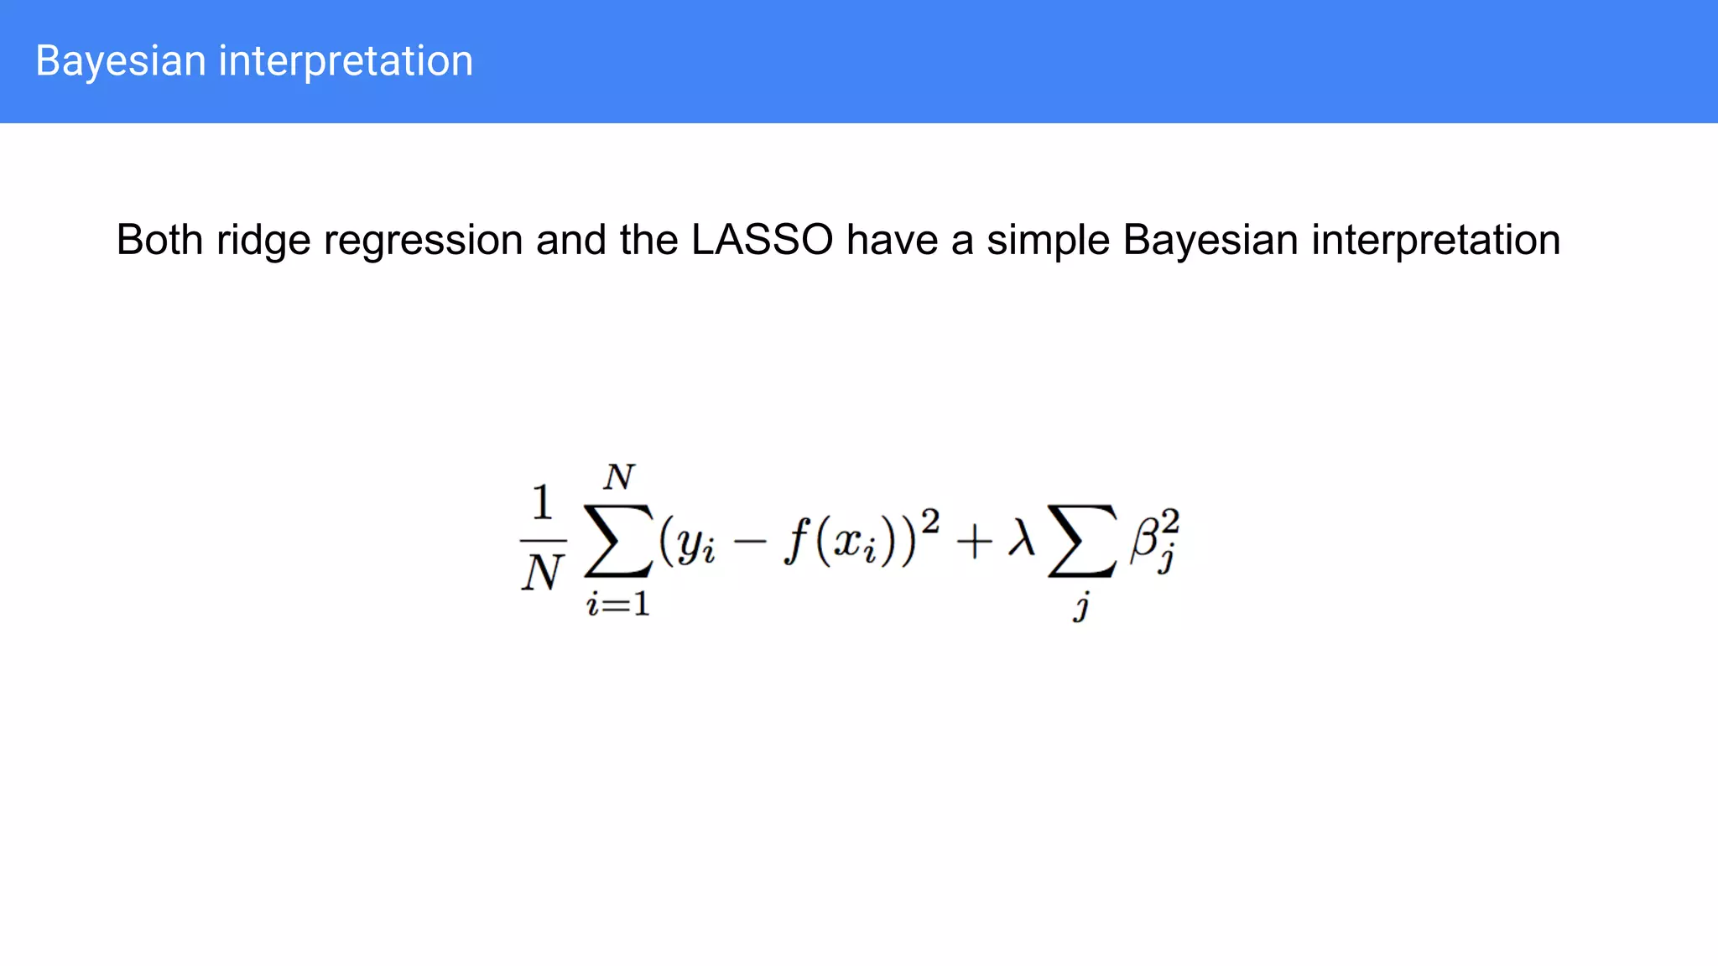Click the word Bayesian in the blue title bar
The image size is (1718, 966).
121,62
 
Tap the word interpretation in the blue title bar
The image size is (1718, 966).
346,62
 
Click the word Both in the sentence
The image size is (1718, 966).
159,240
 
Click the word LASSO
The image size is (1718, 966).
762,240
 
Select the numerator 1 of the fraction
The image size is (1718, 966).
543,502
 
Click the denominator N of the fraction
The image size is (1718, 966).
542,574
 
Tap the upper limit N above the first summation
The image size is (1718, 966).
619,477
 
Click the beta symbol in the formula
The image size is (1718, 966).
1145,538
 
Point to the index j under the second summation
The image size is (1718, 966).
1082,605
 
